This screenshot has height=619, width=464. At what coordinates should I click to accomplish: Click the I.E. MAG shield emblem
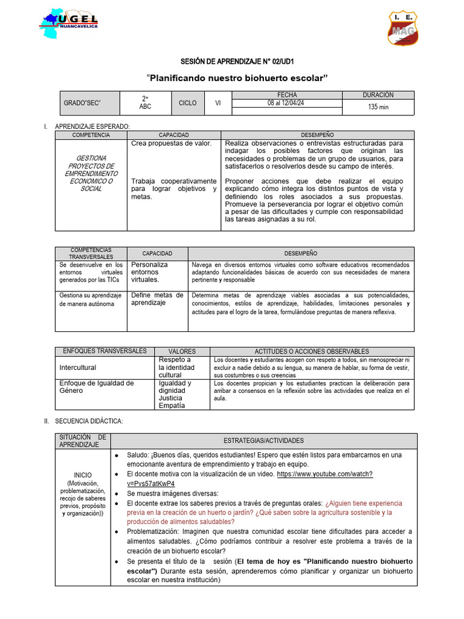pyautogui.click(x=403, y=28)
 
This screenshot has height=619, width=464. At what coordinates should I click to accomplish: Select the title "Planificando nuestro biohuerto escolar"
pyautogui.click(x=237, y=78)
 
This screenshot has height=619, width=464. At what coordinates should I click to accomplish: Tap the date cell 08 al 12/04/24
pyautogui.click(x=286, y=103)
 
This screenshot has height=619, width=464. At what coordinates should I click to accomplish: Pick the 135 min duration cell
pyautogui.click(x=378, y=107)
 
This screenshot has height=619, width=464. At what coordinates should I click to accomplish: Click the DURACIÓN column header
pyautogui.click(x=378, y=95)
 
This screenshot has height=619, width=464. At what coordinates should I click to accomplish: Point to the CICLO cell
pyautogui.click(x=187, y=103)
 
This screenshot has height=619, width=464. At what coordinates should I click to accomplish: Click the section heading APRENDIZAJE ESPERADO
pyautogui.click(x=92, y=126)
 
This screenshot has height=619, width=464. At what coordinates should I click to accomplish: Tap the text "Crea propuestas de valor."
pyautogui.click(x=171, y=143)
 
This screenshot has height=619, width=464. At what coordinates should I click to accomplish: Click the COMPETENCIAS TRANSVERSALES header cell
pyautogui.click(x=91, y=253)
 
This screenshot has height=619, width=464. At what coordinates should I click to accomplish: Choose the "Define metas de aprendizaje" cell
pyautogui.click(x=157, y=299)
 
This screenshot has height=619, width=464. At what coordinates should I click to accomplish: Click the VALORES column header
pyautogui.click(x=181, y=351)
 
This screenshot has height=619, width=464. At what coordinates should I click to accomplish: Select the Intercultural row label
pyautogui.click(x=77, y=368)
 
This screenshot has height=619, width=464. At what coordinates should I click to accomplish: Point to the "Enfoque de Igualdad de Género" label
pyautogui.click(x=96, y=387)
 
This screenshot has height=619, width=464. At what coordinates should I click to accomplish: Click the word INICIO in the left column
pyautogui.click(x=83, y=475)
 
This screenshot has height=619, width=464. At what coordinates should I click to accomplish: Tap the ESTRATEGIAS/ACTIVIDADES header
pyautogui.click(x=263, y=441)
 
